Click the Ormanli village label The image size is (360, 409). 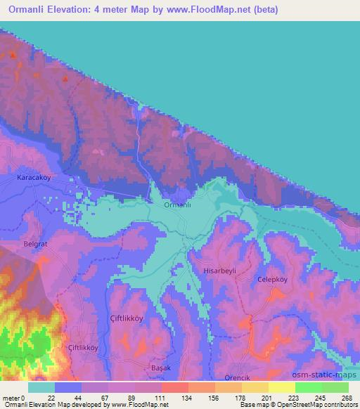tap(177, 205)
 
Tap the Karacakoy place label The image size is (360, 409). tap(34, 178)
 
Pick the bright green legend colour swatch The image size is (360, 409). tap(308, 387)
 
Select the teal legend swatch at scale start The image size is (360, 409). tap(41, 387)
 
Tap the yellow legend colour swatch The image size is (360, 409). tap(281, 387)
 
